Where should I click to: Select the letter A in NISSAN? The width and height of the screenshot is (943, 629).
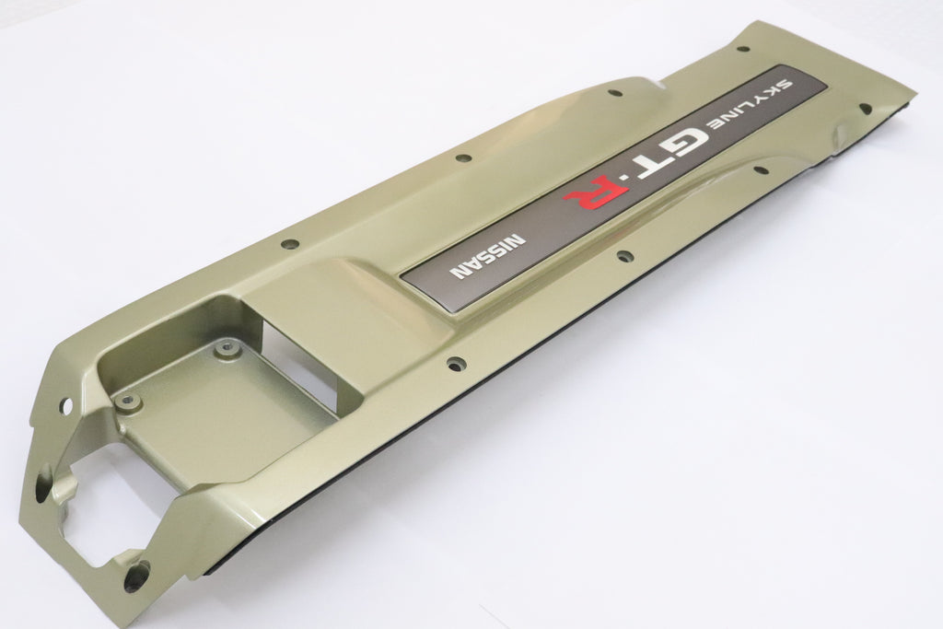point(475,265)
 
